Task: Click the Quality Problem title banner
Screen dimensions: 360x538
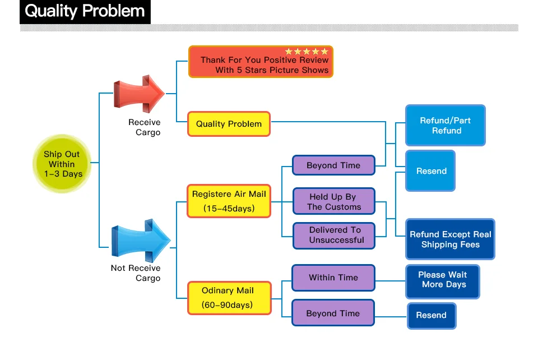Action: [85, 12]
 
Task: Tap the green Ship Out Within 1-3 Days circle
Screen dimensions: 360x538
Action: [62, 164]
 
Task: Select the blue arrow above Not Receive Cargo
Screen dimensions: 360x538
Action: [140, 240]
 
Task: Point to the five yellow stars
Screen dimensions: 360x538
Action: [307, 52]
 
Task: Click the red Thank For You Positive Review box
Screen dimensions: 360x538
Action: [261, 62]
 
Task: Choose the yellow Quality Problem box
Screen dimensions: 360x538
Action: [229, 124]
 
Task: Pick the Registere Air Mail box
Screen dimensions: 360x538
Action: [229, 201]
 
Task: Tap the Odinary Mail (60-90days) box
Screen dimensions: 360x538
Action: [228, 298]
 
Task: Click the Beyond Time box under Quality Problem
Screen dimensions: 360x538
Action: [333, 165]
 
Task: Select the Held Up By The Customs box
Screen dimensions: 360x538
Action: [333, 202]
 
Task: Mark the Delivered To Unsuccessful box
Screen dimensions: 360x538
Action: [333, 235]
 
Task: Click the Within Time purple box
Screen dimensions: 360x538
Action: [333, 278]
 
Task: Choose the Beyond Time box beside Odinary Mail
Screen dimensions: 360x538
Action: [333, 313]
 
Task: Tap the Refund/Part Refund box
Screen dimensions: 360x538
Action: [446, 126]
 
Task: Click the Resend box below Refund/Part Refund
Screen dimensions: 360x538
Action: [431, 171]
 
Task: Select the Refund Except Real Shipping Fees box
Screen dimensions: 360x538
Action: [450, 239]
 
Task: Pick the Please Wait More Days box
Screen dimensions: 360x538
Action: [443, 280]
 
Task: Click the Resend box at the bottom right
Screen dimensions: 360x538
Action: [432, 315]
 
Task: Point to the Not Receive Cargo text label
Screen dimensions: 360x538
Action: [136, 273]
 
